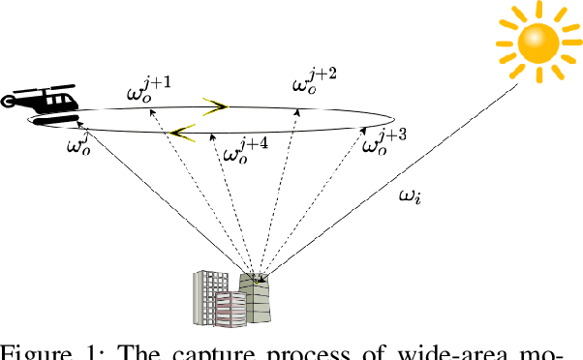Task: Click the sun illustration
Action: point(535,40)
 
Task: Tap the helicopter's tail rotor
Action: point(7,99)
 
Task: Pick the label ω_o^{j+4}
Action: point(245,152)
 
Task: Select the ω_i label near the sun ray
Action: point(411,197)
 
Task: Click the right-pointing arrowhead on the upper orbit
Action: point(216,105)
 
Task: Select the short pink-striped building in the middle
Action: point(230,309)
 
